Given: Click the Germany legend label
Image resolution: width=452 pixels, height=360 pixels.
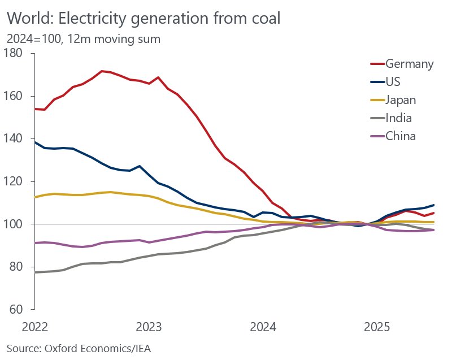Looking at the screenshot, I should point(409,63).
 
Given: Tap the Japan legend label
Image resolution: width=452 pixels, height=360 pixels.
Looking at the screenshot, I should point(401,100).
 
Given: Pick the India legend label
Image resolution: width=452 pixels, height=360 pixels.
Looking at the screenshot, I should point(398,118).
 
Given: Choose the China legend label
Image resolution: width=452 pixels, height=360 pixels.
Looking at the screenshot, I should point(401,136).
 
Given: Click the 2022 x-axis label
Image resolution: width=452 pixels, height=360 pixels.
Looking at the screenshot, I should point(35,327).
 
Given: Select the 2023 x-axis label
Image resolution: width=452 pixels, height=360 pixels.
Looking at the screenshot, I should point(149,327).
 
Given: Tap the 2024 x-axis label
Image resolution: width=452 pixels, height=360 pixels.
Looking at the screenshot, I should point(263,327).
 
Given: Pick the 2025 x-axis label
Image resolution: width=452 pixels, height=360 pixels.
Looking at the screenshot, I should point(377,327).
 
